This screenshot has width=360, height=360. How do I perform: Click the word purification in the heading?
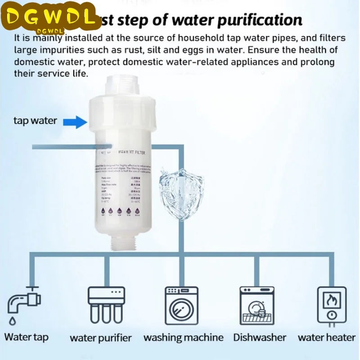[x=255, y=20]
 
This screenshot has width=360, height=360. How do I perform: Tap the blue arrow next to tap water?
[x=75, y=121]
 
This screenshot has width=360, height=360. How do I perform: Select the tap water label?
[x=35, y=121]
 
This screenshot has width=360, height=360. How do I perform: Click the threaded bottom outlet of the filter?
[x=121, y=245]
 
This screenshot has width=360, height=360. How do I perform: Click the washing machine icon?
[x=181, y=306]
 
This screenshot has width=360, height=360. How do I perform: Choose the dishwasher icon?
[x=256, y=306]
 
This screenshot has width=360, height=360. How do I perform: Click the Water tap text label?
[x=27, y=337]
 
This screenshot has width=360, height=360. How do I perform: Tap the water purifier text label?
[x=100, y=337]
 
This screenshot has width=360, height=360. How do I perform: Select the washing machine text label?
[x=183, y=337]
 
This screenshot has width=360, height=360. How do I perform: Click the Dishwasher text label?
[x=260, y=337]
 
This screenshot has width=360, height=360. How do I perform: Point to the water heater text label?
[x=326, y=337]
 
